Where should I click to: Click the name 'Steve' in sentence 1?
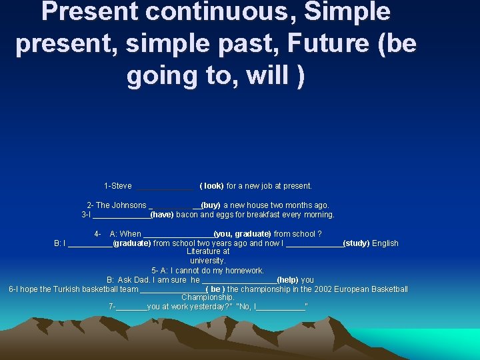(121, 186)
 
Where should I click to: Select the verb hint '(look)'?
(211, 186)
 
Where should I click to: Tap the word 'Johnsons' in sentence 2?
(129, 205)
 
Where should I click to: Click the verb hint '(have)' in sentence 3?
(162, 215)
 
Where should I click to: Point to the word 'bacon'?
(187, 215)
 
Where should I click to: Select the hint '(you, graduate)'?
(242, 234)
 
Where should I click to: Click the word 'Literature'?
(208, 252)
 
